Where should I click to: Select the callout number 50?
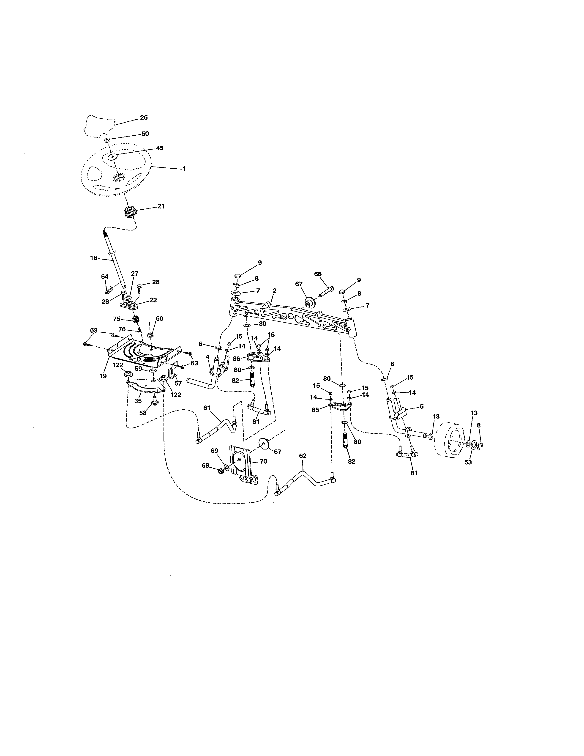[145, 134]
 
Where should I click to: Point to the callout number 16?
[94, 258]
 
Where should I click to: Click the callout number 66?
[318, 274]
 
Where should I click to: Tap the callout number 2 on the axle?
[274, 291]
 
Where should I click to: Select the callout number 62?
[303, 456]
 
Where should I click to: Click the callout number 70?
[263, 461]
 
